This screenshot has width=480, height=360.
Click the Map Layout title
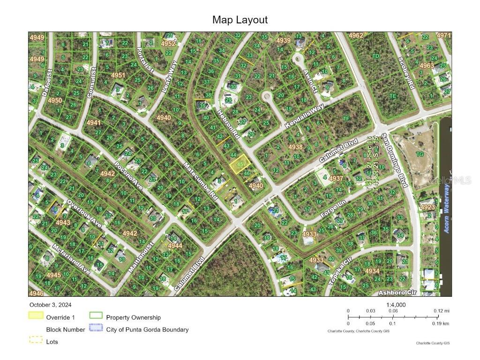point(240,20)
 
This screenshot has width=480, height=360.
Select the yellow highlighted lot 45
point(239,165)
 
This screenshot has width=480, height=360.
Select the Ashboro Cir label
point(397,292)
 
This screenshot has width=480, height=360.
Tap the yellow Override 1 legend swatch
point(36,317)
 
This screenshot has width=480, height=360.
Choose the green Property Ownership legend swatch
point(96,317)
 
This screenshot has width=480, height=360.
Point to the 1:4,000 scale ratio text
point(396,305)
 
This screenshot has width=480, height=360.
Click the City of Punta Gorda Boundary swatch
point(96,329)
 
